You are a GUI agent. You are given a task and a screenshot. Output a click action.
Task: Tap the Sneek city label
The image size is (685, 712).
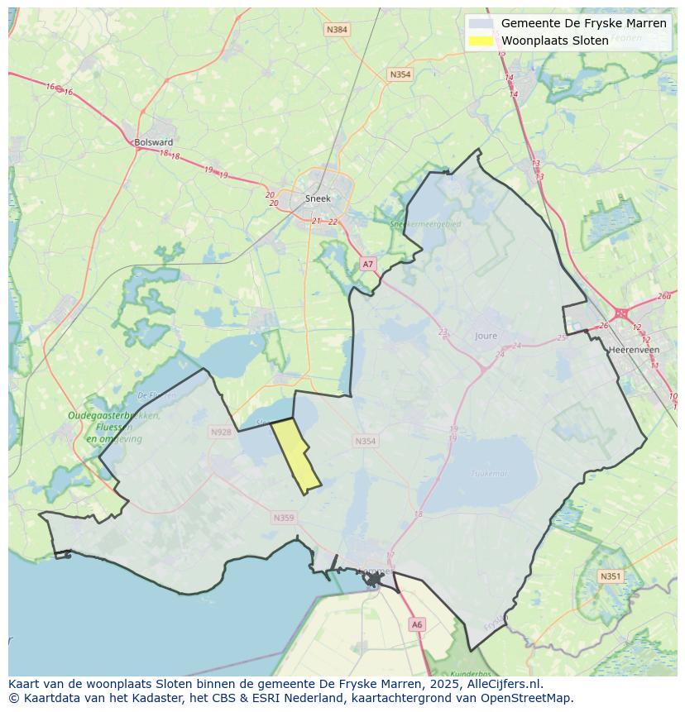tap(318, 198)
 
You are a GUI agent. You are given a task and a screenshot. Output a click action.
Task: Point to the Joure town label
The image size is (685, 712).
tap(486, 336)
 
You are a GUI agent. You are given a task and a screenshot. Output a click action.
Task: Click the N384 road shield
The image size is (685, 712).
tap(337, 30)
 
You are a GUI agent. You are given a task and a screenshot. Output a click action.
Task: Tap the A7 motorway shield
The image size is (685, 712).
tap(368, 264)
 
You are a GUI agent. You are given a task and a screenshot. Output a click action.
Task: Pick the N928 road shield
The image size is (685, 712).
tap(221, 432)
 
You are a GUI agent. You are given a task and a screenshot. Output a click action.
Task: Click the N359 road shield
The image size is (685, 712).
tap(283, 518)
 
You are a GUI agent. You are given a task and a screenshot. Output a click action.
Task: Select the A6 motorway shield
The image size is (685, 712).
tap(417, 625)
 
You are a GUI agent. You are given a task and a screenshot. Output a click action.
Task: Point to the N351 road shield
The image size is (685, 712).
tap(611, 576)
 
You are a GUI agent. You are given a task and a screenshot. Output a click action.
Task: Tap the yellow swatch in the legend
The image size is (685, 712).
tap(480, 41)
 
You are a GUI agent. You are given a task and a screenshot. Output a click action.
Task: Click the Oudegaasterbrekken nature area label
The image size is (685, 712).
tap(114, 416)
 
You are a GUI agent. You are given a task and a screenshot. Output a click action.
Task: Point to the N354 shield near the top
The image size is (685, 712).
tap(400, 74)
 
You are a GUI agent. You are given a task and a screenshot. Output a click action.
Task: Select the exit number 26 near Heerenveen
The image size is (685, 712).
tap(603, 325)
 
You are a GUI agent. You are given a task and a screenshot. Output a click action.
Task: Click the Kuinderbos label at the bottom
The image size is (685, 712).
tap(472, 674)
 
